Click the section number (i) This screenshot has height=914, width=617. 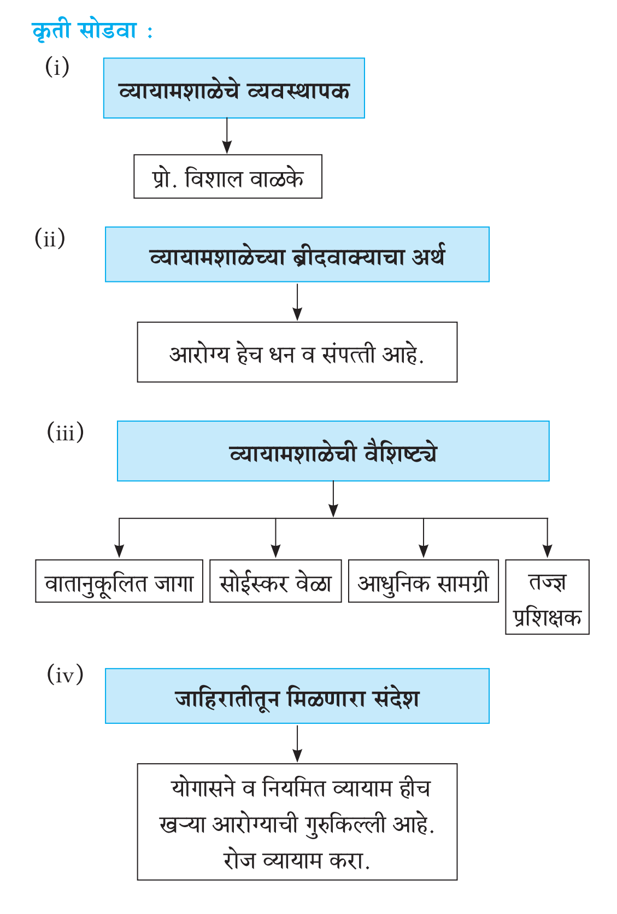click(x=57, y=67)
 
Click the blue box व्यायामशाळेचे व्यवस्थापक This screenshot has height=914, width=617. click(x=234, y=88)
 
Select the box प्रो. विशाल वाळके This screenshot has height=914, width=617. click(x=228, y=176)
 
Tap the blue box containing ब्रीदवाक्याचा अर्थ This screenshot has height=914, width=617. click(x=297, y=254)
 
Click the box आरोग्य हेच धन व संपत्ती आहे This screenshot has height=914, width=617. click(x=297, y=352)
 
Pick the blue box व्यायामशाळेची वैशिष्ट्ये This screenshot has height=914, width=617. click(x=333, y=451)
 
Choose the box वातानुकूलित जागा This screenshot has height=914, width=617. click(x=119, y=581)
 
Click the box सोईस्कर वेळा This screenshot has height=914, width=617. click(x=275, y=581)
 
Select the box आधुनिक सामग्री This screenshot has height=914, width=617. click(x=424, y=581)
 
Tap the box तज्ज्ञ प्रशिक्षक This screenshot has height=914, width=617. click(x=547, y=597)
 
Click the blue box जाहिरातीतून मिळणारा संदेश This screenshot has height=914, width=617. click(x=297, y=696)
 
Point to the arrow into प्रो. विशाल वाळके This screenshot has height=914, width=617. click(x=227, y=136)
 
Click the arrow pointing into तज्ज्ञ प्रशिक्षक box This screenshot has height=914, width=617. click(x=547, y=538)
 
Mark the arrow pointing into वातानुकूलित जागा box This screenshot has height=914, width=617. click(x=119, y=538)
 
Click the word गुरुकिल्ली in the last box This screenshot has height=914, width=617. click(x=345, y=825)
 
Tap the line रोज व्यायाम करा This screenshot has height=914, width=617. click(x=297, y=860)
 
